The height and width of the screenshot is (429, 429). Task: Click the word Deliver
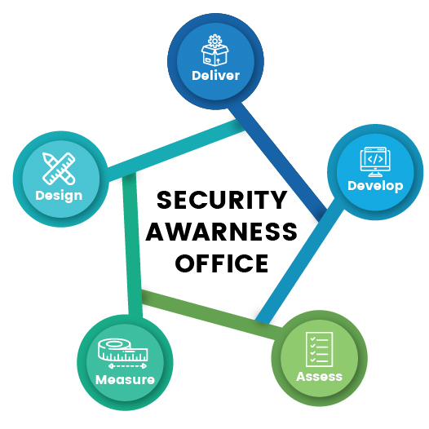(x=215, y=75)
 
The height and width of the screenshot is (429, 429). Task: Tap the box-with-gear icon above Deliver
(x=214, y=50)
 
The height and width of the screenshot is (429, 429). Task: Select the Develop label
(x=375, y=186)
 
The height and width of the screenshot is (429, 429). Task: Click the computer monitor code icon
(x=375, y=161)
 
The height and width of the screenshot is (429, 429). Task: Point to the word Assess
(x=319, y=377)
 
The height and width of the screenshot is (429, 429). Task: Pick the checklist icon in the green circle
(x=319, y=349)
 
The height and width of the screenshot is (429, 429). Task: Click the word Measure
(x=126, y=379)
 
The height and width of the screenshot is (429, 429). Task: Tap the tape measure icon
(x=123, y=350)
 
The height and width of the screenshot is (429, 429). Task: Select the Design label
(x=59, y=196)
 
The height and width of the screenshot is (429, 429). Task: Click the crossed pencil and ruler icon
(x=59, y=169)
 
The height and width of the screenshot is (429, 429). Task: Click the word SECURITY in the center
(x=222, y=200)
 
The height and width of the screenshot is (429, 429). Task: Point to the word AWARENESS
(x=222, y=232)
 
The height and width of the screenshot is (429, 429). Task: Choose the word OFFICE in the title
(x=222, y=263)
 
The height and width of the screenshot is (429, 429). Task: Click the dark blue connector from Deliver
(x=277, y=161)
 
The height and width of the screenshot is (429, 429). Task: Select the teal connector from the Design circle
(x=176, y=150)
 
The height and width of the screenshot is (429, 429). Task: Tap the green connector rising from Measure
(x=132, y=245)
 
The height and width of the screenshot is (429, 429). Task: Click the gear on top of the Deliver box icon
(x=214, y=41)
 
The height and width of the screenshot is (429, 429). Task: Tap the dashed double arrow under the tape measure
(x=127, y=366)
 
